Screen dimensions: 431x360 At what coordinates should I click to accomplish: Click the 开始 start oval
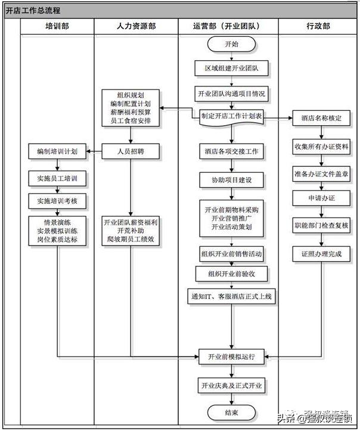coord(231,45)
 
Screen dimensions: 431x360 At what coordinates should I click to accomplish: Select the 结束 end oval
coord(231,413)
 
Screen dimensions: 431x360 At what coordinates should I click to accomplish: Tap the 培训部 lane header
coord(57,26)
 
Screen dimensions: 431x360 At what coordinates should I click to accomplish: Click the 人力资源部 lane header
coord(136,26)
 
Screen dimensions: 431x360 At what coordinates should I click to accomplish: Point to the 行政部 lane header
coord(318,26)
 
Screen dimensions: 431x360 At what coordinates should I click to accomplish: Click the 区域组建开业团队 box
coord(231,69)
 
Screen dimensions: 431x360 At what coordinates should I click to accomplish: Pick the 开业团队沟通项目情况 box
coord(231,94)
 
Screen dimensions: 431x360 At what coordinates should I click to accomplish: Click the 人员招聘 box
coord(131,151)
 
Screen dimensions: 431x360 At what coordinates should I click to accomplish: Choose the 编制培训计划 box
coord(57,151)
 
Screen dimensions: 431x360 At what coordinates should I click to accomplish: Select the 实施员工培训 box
coord(57,178)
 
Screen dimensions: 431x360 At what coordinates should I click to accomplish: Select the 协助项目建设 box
coord(231,180)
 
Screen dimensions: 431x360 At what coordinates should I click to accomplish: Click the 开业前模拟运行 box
coord(231,357)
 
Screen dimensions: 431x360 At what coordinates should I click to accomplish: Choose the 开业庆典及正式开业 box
coord(231,386)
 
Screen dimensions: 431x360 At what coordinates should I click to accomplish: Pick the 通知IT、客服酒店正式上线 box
coord(231,295)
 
